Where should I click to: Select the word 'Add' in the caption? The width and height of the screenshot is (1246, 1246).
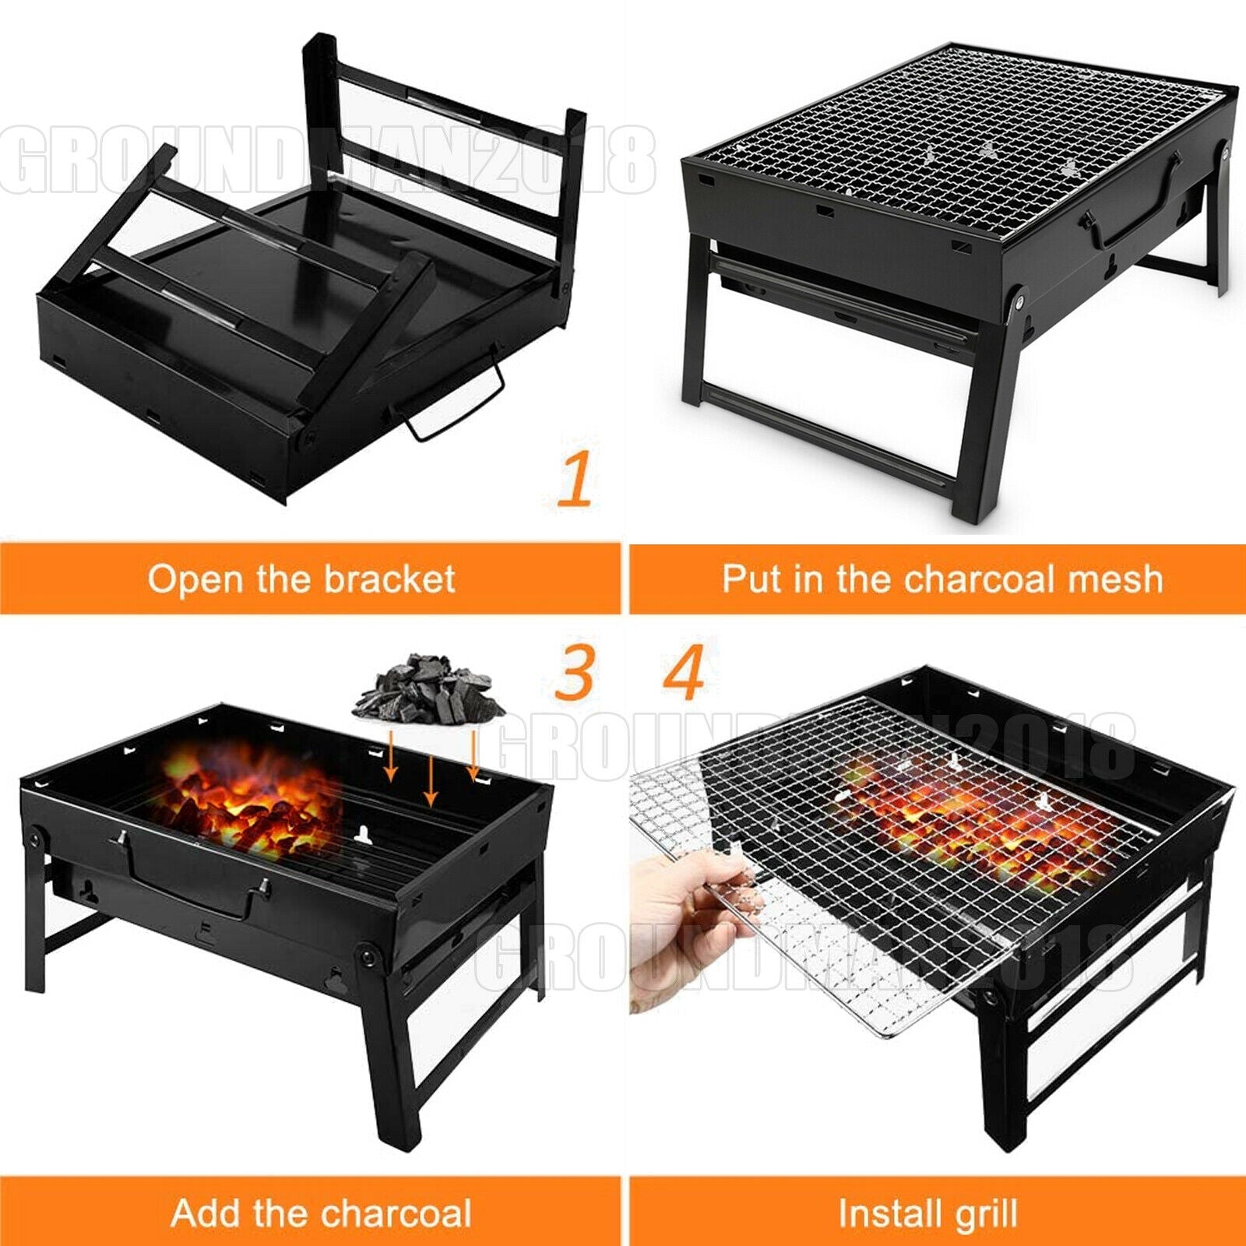click(206, 1213)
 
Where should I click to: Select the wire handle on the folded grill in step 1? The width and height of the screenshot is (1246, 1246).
click(452, 405)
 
